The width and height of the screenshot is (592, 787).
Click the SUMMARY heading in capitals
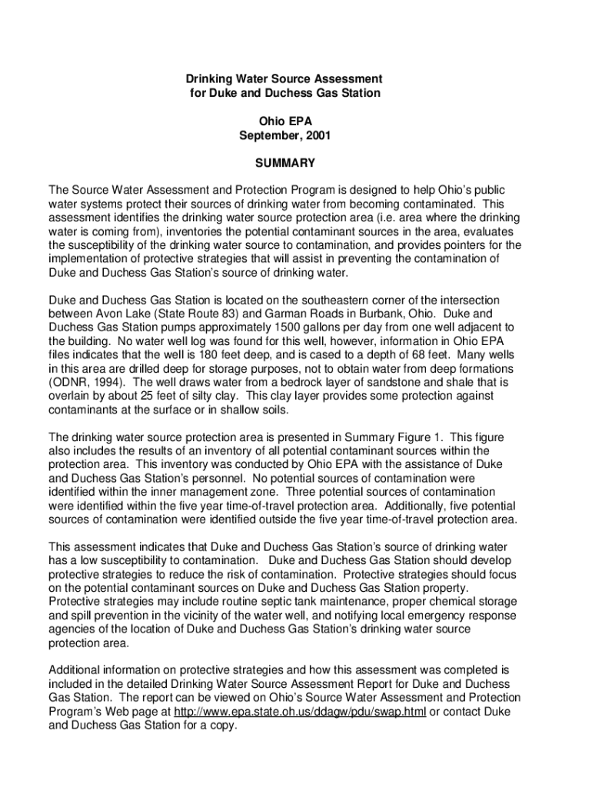[x=285, y=163]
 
